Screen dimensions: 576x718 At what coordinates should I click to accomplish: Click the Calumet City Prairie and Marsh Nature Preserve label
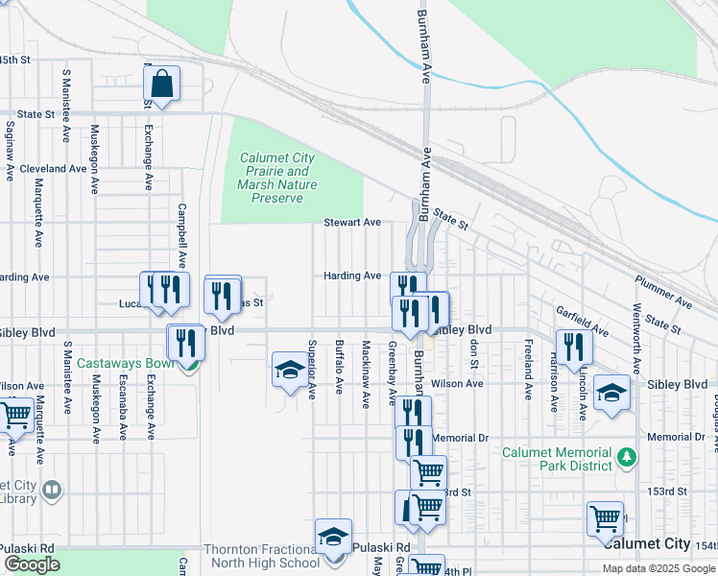click(x=277, y=179)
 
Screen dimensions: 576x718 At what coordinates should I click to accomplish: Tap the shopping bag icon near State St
click(x=162, y=84)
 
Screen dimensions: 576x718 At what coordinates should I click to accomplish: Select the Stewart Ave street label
click(x=351, y=222)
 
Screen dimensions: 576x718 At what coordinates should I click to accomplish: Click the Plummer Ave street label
click(x=662, y=292)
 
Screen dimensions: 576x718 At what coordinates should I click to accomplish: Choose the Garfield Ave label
click(x=583, y=321)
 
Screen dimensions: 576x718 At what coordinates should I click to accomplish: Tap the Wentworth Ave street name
click(x=634, y=336)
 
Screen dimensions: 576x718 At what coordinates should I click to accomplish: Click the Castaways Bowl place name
click(x=126, y=363)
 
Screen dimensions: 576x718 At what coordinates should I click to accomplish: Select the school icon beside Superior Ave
click(x=290, y=370)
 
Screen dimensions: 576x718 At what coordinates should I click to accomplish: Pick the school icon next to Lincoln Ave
click(x=611, y=392)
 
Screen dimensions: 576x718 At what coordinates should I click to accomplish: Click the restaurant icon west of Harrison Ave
click(x=574, y=347)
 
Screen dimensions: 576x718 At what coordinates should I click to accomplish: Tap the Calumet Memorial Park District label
click(x=558, y=459)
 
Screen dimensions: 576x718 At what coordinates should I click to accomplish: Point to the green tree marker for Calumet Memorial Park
click(x=627, y=454)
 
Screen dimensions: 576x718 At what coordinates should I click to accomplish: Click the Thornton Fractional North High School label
click(x=261, y=556)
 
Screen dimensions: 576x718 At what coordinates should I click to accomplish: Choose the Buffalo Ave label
click(x=339, y=367)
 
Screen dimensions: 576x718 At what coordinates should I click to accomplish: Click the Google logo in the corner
click(x=32, y=564)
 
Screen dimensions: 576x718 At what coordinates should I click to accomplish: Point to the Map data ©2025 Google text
click(x=658, y=568)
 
